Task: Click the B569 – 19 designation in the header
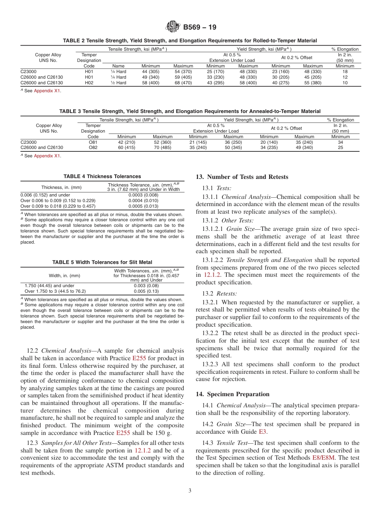coord(200,28)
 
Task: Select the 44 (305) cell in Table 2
coord(150,71)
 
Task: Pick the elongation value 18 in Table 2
coord(345,71)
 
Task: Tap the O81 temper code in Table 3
coord(93,142)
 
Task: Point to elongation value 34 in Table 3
coord(340,142)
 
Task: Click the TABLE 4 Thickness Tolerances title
coord(102,176)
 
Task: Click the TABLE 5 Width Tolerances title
coord(102,262)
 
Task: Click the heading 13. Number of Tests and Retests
coord(242,177)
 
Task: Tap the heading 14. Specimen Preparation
coord(232,394)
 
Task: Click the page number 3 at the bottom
coord(190,491)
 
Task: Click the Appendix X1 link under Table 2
coord(47,91)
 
